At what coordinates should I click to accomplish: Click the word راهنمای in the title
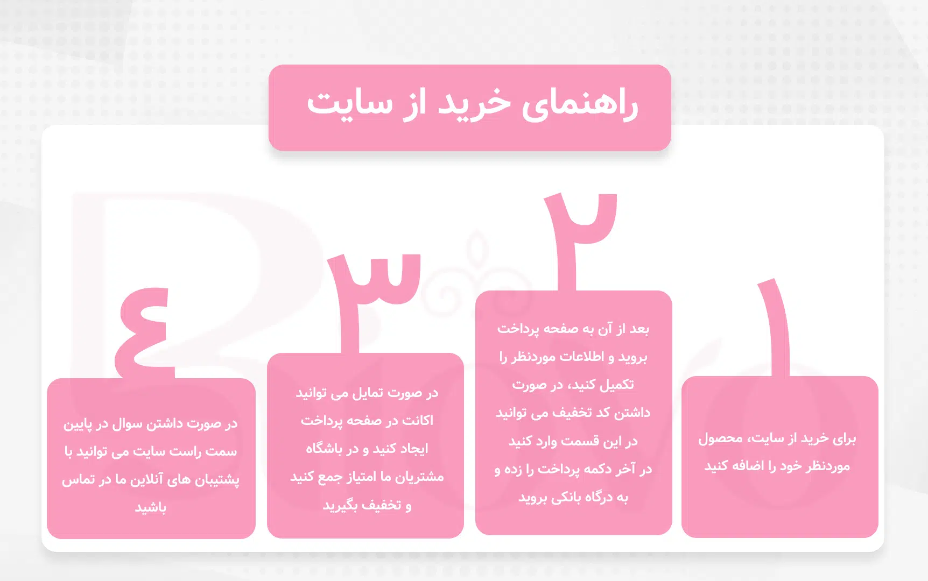(580, 104)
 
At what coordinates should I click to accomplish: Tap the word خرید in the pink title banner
(474, 104)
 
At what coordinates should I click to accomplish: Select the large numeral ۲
(579, 237)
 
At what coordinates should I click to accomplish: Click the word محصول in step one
(720, 439)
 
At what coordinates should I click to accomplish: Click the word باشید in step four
(151, 508)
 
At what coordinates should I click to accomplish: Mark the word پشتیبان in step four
(218, 479)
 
